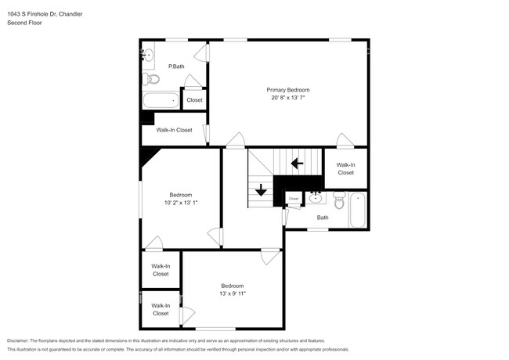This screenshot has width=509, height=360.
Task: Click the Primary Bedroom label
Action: point(287,90)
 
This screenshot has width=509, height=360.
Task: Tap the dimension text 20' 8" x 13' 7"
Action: point(287,99)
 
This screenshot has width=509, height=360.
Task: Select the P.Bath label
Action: point(176,67)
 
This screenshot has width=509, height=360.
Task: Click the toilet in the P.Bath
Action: point(153,79)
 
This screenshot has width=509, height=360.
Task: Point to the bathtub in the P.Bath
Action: point(161,100)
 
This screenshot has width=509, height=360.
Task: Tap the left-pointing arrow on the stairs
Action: point(297,164)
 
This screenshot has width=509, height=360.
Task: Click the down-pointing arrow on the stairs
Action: point(262,189)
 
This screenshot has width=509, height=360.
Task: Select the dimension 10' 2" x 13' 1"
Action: point(181,203)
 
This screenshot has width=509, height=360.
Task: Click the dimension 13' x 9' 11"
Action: point(232,294)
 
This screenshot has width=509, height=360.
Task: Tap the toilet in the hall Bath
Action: point(339,202)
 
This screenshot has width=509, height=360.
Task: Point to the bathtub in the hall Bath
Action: point(358,209)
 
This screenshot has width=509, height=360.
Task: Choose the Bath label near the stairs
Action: point(323,218)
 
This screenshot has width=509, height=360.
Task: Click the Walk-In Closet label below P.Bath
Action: point(174,130)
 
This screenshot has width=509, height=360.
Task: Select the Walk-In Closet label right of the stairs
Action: point(345,168)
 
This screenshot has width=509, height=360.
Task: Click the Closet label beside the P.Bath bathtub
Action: point(194,100)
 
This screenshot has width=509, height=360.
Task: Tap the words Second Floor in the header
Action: point(24,23)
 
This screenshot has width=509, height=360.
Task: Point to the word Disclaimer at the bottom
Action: point(21,341)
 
